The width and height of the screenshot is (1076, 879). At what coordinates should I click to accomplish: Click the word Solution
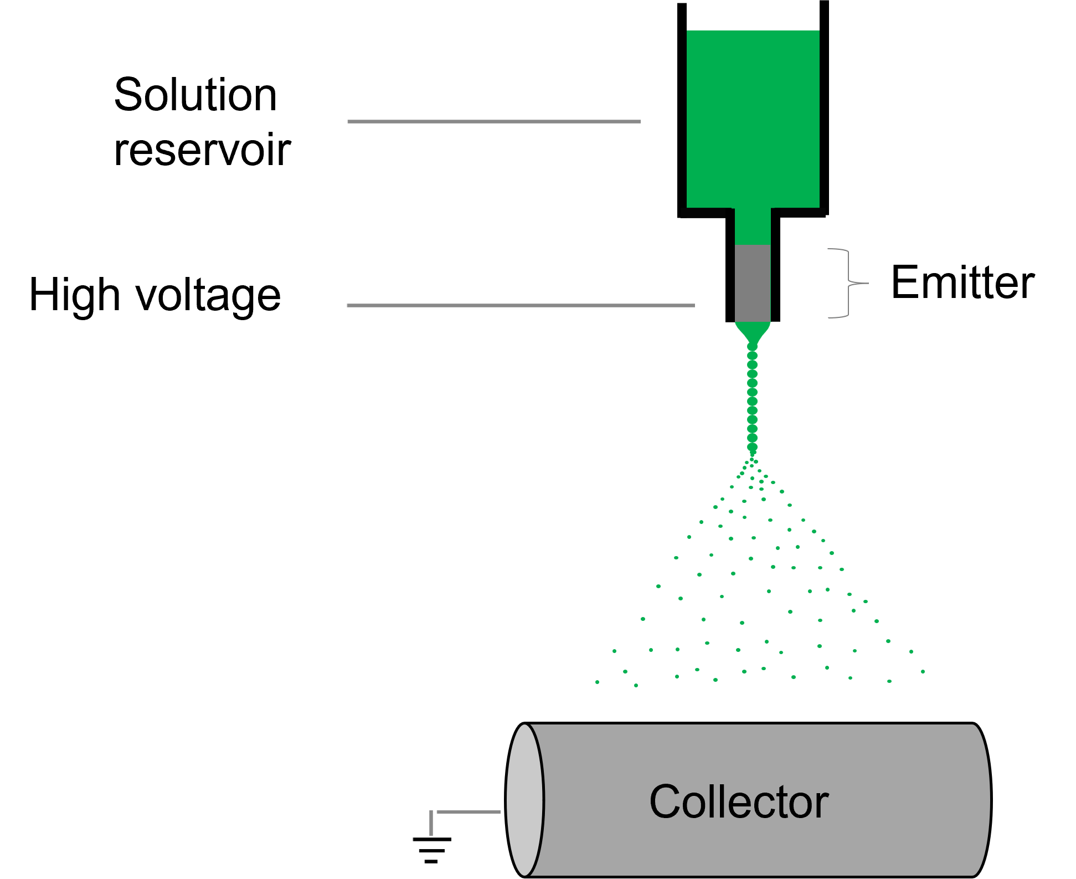coord(195,95)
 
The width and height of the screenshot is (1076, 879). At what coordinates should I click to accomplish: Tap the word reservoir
coord(202,150)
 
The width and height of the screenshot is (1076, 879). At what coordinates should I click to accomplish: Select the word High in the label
coord(74,295)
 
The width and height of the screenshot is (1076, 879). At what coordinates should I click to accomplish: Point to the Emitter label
coord(962,283)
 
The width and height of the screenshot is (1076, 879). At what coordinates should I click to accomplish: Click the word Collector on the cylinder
coord(739,802)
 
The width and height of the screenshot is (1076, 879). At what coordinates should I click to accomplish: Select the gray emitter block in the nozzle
coord(752,283)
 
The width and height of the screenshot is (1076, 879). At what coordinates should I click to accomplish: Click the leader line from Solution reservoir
coord(493,121)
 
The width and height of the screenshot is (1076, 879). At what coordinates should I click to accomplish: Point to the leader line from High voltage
coord(521,305)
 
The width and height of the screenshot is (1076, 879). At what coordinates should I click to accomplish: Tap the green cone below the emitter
coord(752,331)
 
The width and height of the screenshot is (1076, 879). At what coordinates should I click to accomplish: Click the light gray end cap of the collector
coord(524,800)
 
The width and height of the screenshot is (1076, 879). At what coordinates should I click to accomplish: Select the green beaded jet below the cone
coord(752,399)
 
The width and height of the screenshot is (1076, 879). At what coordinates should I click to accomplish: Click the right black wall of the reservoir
coord(824,111)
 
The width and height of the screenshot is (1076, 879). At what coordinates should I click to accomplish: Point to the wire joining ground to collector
coord(468,812)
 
